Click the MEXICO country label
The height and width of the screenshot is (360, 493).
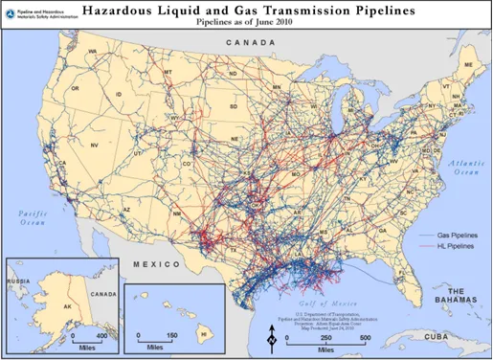(x=156, y=263)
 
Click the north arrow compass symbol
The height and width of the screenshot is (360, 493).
(x=273, y=336)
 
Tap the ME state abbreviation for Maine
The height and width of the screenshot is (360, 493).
(x=467, y=64)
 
